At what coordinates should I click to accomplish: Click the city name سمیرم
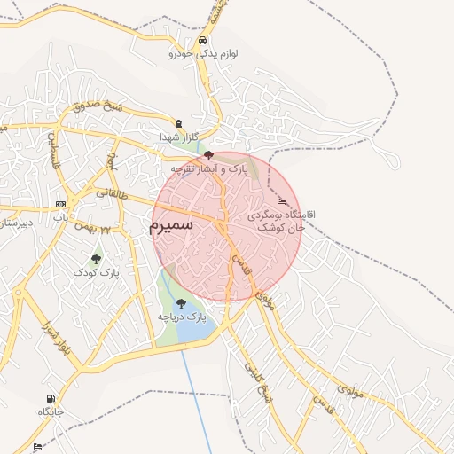coord(172,226)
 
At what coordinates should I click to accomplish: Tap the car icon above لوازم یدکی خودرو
coord(203,41)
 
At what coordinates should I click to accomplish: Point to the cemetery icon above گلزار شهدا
coord(179,123)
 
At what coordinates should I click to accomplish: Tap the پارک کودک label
coord(96,273)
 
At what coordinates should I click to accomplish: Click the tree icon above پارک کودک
coord(96,259)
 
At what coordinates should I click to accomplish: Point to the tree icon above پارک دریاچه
coord(181,303)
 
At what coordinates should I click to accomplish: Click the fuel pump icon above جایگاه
coord(51,398)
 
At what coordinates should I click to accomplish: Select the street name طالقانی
coord(112,193)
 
